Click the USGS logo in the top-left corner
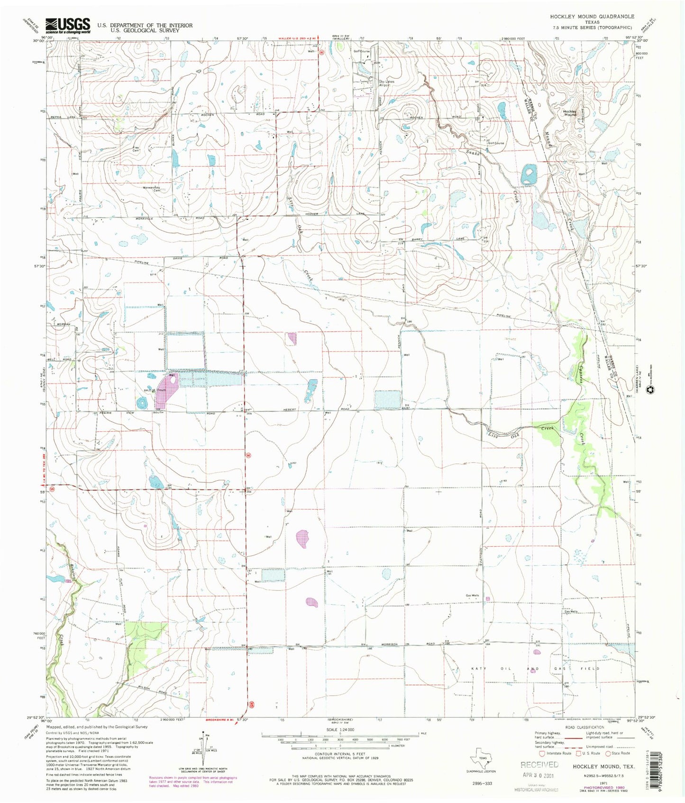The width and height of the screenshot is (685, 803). (x=68, y=25)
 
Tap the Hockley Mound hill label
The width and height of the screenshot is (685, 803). (x=570, y=113)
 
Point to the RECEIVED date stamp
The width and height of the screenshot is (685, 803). (x=539, y=768)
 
